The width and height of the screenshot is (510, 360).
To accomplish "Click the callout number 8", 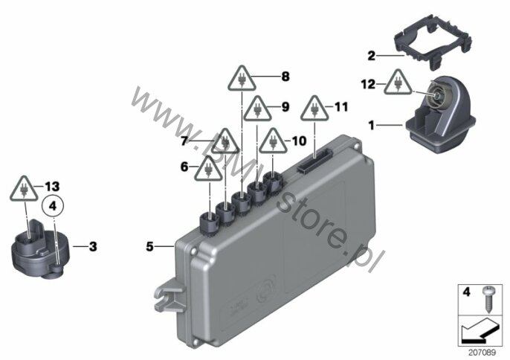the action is click(x=285, y=77).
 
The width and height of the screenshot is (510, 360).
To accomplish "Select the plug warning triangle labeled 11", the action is click(x=314, y=109).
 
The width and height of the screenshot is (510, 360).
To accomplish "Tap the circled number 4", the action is click(x=54, y=206).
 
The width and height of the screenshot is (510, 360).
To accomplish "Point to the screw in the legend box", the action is click(x=487, y=299).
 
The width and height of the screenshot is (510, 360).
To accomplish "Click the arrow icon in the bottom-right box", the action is click(x=480, y=332).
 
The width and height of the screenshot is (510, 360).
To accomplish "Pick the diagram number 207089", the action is click(x=482, y=353).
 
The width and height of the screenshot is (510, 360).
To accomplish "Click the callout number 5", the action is click(x=149, y=247).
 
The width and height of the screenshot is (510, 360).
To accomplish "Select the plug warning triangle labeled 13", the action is click(x=24, y=189).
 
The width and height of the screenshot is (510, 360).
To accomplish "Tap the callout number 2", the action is click(x=372, y=56).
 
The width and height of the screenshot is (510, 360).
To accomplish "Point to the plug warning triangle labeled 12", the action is click(x=398, y=83).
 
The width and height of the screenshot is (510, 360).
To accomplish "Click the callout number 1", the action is click(x=372, y=125).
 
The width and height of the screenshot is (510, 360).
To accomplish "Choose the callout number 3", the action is click(x=93, y=247).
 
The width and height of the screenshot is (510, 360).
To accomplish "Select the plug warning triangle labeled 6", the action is click(x=208, y=169).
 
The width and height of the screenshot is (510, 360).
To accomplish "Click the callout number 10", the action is click(x=299, y=141).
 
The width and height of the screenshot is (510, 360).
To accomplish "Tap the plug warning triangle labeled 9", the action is click(x=257, y=109).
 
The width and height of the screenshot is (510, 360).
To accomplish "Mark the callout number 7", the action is click(x=184, y=141).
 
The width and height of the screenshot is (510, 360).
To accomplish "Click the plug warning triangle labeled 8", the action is click(x=242, y=79).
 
